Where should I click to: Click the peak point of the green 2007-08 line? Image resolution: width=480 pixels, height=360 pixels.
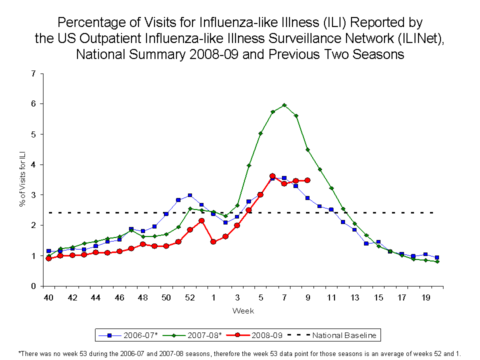click(284, 105)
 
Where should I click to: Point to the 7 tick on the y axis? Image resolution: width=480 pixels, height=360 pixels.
click(33, 73)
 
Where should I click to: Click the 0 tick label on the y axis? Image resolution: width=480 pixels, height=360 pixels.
click(33, 286)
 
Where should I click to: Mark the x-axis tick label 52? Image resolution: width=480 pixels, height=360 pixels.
click(190, 298)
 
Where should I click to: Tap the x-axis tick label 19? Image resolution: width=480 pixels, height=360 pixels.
click(425, 298)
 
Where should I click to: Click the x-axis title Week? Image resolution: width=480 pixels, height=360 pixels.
click(243, 311)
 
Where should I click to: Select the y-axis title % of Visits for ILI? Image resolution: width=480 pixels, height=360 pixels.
click(22, 180)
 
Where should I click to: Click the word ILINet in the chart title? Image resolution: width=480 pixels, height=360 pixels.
click(418, 38)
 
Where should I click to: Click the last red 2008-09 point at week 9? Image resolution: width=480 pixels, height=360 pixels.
click(307, 180)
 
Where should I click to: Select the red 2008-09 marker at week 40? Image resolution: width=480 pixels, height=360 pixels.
click(48, 258)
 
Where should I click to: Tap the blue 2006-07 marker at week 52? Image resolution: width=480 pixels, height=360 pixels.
click(190, 195)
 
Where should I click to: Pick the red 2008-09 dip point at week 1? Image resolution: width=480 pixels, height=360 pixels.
click(213, 241)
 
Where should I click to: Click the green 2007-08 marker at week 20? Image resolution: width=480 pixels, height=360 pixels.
click(437, 261)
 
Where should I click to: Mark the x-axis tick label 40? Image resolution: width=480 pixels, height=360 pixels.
click(48, 298)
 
